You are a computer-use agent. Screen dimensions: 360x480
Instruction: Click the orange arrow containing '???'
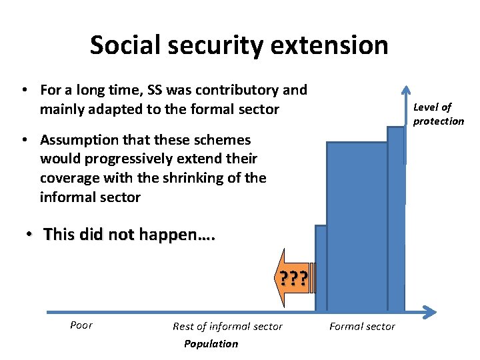click(x=292, y=277)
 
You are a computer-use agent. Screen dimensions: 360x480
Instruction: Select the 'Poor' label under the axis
click(x=81, y=325)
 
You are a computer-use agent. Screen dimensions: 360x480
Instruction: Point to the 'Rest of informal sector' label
click(x=227, y=326)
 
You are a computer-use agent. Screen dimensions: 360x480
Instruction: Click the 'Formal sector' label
click(x=362, y=326)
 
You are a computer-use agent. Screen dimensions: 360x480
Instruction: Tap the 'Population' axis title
click(x=211, y=343)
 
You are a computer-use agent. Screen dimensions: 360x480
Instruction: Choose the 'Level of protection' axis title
click(x=437, y=114)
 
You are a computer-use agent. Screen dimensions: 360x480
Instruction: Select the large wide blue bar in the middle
click(x=357, y=227)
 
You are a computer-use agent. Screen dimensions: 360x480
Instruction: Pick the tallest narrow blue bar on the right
click(x=396, y=220)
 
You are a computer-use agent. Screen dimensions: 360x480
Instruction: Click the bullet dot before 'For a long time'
click(x=23, y=90)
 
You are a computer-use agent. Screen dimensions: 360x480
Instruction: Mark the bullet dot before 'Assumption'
click(x=23, y=140)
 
